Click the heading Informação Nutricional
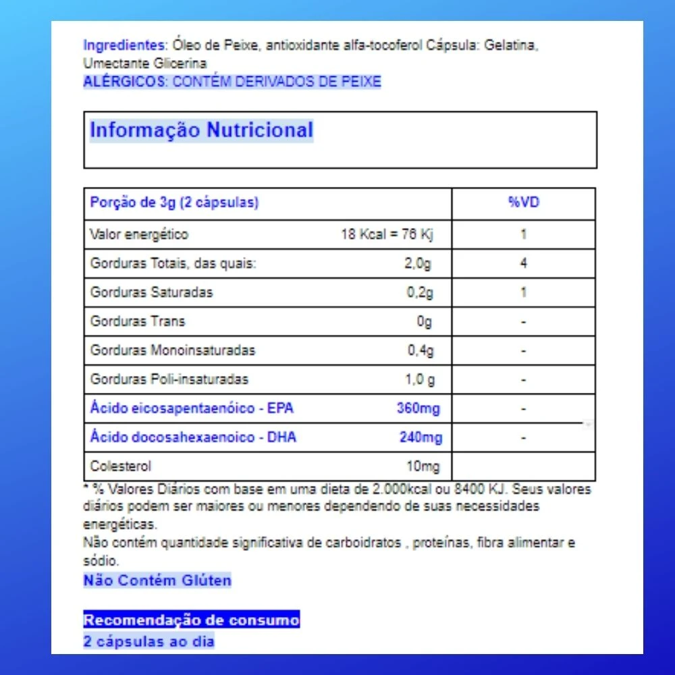coord(201,130)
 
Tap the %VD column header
coord(523,202)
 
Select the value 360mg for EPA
coord(419,408)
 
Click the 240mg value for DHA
coord(421,437)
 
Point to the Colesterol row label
coord(121,466)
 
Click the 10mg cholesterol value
coord(424,466)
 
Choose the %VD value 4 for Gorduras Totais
coord(523,263)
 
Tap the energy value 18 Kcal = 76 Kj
coord(386,235)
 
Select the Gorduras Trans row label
coord(138,321)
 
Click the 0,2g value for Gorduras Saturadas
coord(419,292)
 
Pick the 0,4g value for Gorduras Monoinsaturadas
coord(420,350)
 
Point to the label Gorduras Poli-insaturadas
coord(169,379)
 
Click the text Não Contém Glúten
coord(157,580)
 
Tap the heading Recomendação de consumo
coord(192,620)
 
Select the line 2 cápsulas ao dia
coord(148,641)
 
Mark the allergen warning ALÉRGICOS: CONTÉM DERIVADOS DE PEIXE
coord(232,82)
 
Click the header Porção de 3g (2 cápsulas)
coord(174,202)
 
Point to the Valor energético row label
coord(139,235)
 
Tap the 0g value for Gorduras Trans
coord(424,321)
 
